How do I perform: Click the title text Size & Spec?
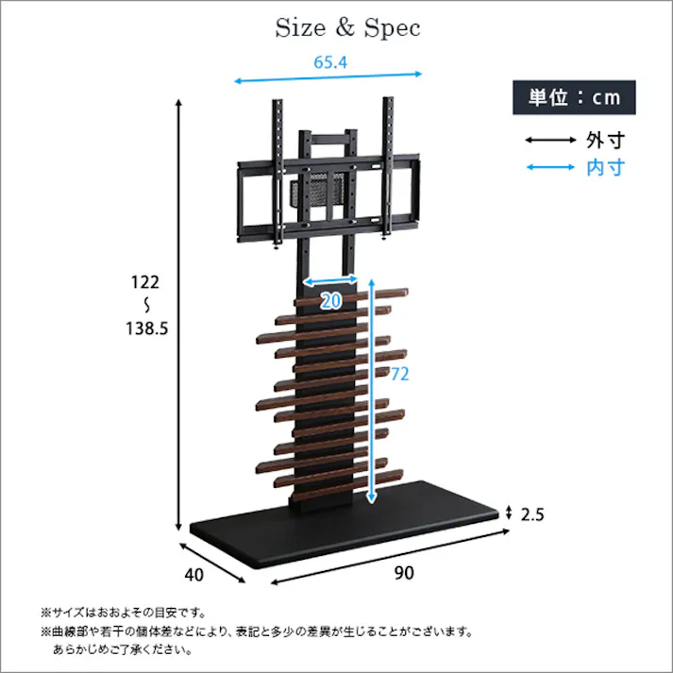pyautogui.click(x=347, y=28)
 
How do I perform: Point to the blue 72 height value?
pyautogui.click(x=399, y=375)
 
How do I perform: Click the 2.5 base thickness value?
pyautogui.click(x=533, y=514)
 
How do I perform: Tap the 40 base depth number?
pyautogui.click(x=194, y=573)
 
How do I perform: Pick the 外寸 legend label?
pyautogui.click(x=605, y=141)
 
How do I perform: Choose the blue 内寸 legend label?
pyautogui.click(x=605, y=168)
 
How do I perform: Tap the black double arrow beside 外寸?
pyautogui.click(x=550, y=141)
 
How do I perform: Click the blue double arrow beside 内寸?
pyautogui.click(x=550, y=168)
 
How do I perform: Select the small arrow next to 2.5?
pyautogui.click(x=510, y=513)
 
